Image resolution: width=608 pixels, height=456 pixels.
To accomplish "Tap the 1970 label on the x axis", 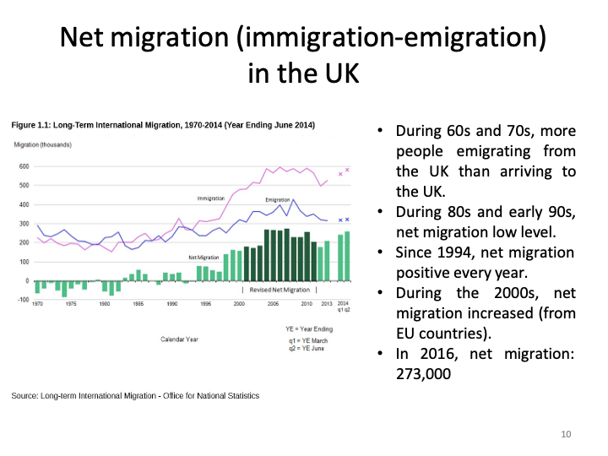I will click(x=38, y=302).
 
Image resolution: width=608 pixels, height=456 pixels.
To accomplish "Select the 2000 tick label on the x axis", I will click(x=240, y=302).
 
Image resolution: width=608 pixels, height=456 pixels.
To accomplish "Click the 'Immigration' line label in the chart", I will click(x=210, y=198).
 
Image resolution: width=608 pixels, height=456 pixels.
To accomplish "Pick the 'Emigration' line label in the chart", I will click(x=278, y=200).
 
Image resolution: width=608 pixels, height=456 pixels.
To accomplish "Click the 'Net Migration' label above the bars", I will click(x=204, y=257).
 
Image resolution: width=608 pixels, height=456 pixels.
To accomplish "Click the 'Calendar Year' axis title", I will click(x=179, y=339).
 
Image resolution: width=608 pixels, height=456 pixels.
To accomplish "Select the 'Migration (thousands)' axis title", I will click(x=43, y=145).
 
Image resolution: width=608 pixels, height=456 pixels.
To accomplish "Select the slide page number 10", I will click(x=566, y=434).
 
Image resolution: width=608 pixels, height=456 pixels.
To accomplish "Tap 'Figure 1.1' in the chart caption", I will click(x=30, y=126).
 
